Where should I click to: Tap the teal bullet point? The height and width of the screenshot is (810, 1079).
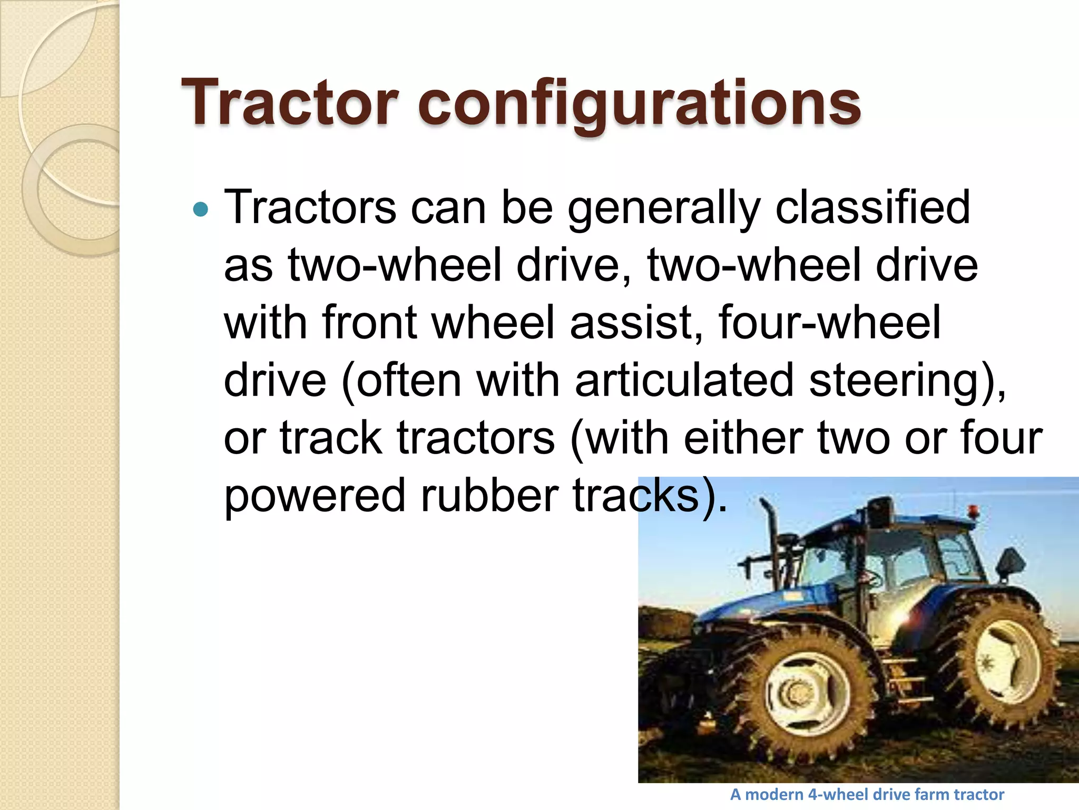pos(201,210)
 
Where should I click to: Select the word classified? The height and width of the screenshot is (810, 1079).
pos(872,207)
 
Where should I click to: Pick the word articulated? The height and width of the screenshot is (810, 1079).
pos(684,380)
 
